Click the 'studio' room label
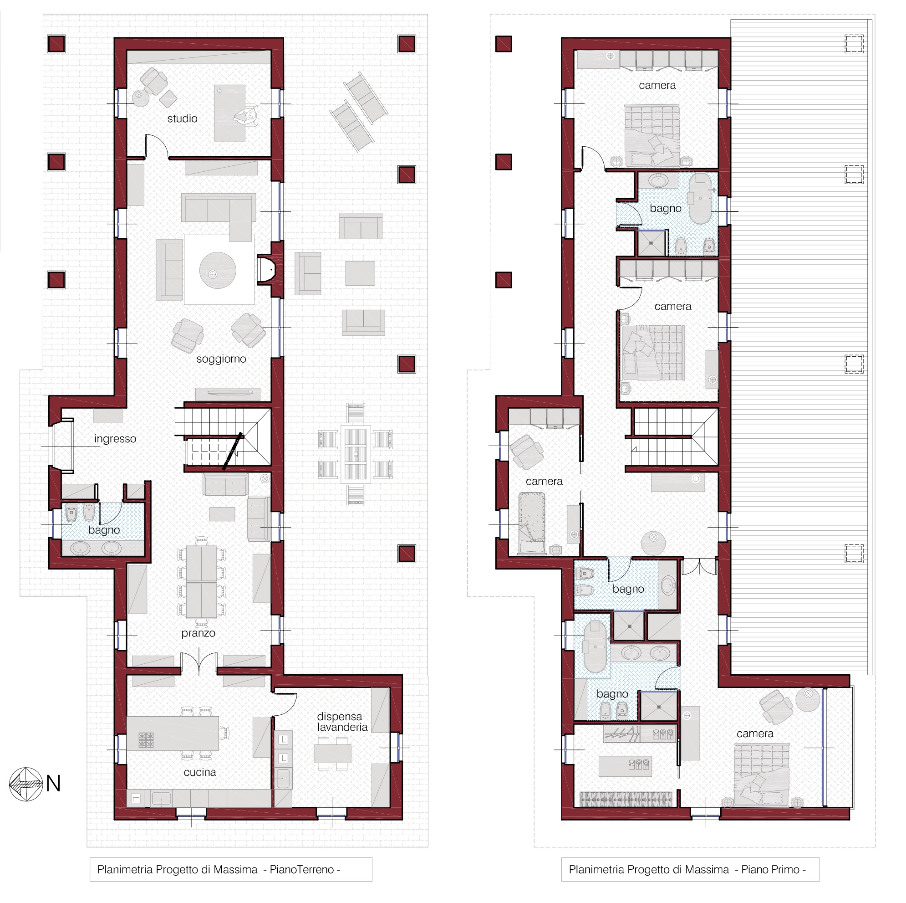[183, 119]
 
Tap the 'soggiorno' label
[221, 359]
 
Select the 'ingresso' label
[115, 439]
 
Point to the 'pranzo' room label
[199, 634]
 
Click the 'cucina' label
[200, 773]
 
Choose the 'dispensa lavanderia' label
[342, 722]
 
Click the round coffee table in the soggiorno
[218, 270]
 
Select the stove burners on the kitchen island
[146, 740]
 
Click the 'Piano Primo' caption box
[690, 870]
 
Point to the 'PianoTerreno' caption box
[231, 870]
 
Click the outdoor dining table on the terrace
[356, 454]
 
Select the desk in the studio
[230, 113]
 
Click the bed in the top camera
[652, 136]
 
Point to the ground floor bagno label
[104, 530]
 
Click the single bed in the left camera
[532, 523]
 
